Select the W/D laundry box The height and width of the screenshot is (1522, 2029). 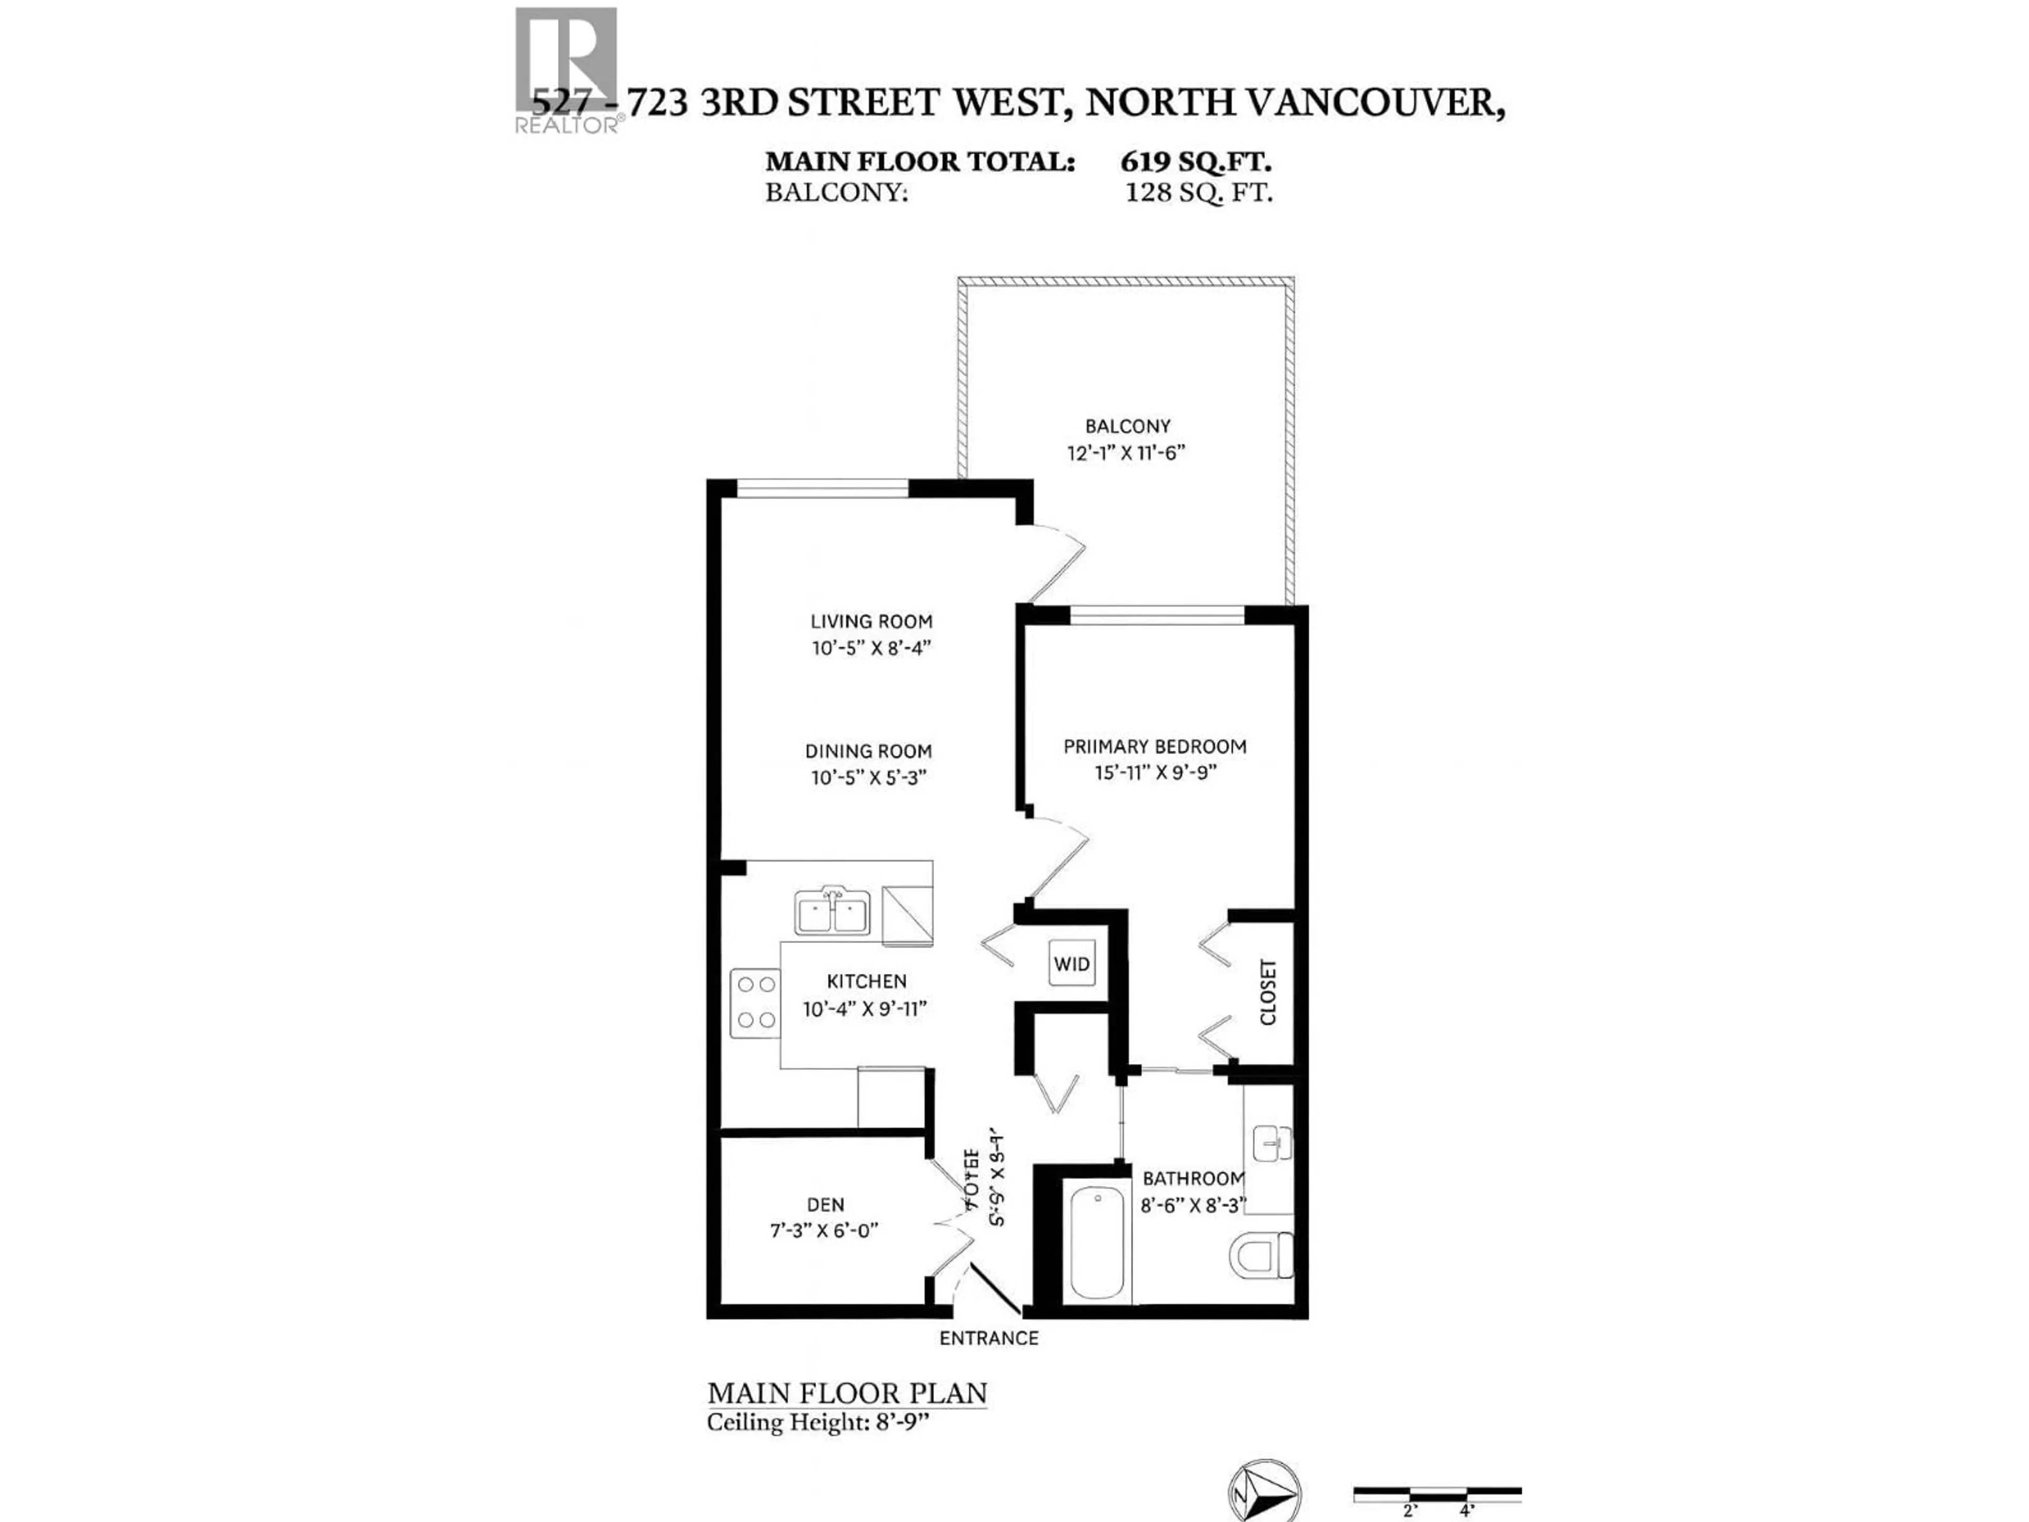tap(1072, 963)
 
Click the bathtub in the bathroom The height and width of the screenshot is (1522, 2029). tap(1097, 1242)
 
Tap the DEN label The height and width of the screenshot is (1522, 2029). tap(825, 1204)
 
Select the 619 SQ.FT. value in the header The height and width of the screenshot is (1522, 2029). tap(1195, 162)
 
